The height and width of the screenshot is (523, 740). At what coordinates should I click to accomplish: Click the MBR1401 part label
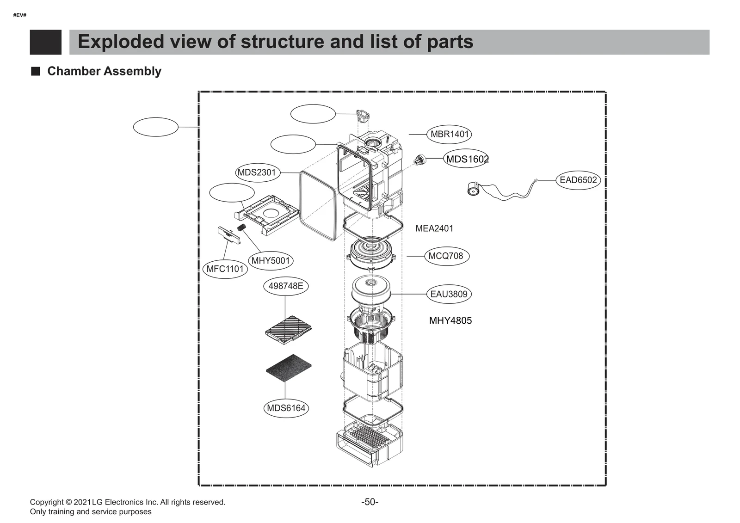tap(449, 135)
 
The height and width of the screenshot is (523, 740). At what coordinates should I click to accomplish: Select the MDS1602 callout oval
tap(467, 159)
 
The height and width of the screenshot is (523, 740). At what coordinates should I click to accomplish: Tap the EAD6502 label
tap(578, 180)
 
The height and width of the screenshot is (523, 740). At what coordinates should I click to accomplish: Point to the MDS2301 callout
tap(257, 172)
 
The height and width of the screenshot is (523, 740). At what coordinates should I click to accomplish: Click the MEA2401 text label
tap(434, 228)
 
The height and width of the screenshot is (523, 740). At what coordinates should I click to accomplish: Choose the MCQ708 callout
tap(446, 256)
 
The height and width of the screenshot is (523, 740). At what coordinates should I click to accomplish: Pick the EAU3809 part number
tap(449, 294)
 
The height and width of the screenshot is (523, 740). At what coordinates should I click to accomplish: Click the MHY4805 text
tap(450, 320)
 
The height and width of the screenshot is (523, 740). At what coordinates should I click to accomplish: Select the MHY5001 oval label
tap(271, 261)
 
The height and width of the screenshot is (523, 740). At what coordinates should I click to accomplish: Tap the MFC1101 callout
tap(225, 269)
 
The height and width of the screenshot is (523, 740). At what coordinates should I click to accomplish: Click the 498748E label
tap(285, 286)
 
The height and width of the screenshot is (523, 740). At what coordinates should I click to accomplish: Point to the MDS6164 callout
tap(286, 408)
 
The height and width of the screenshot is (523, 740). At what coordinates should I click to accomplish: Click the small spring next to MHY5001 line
tap(241, 228)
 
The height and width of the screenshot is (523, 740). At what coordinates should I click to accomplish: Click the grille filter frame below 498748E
tap(289, 329)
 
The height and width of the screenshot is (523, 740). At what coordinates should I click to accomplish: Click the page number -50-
tap(370, 502)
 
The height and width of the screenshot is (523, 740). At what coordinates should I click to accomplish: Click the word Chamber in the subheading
tap(73, 71)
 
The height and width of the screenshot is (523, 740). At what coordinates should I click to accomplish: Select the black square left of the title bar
tap(45, 42)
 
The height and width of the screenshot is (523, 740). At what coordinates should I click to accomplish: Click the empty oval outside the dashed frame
tap(155, 127)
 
